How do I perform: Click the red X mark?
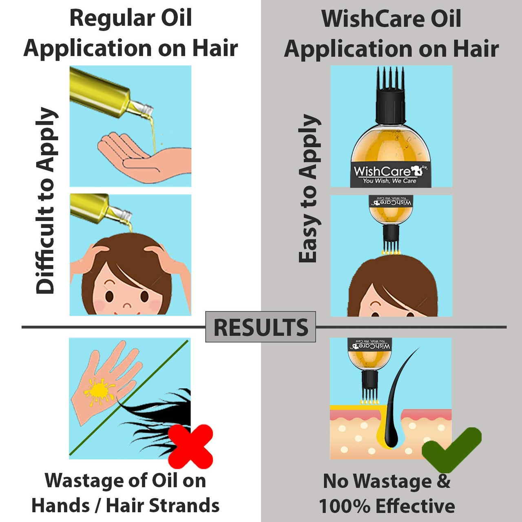[x=190, y=446]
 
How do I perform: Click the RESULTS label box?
[x=261, y=327]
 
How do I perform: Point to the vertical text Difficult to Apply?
[x=45, y=200]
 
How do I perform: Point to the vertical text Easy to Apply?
[x=309, y=188]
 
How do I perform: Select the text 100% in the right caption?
[x=344, y=506]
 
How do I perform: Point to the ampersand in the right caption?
[x=444, y=481]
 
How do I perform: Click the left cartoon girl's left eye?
[x=109, y=296]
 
